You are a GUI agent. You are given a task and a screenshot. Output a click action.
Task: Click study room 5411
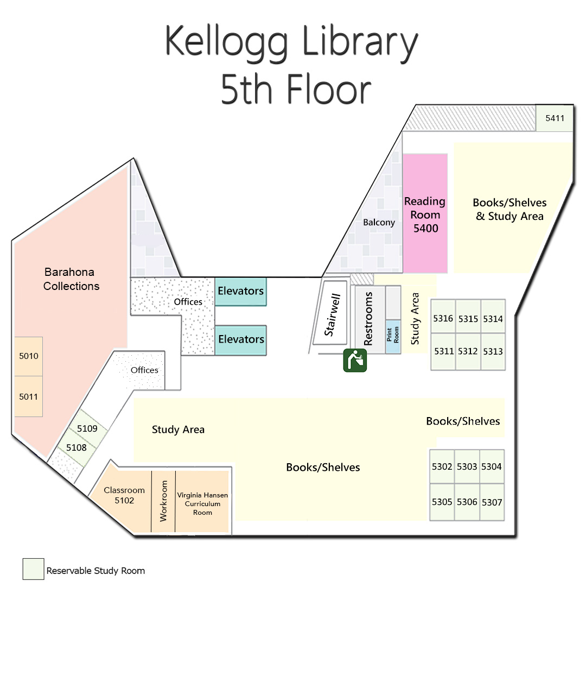tap(555, 118)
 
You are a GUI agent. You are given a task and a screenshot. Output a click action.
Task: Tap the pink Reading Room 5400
tap(425, 214)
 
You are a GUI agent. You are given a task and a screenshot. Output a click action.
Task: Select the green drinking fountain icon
tap(355, 360)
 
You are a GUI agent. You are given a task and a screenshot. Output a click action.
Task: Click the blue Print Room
tap(393, 336)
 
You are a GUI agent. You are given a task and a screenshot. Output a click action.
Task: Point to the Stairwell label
tap(332, 315)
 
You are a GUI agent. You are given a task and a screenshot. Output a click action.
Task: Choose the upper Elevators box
tap(240, 292)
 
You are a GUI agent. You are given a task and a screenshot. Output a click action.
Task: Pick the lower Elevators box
tap(240, 340)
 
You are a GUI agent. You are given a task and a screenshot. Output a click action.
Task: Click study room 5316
tap(443, 318)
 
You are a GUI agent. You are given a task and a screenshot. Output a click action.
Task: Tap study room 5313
tap(493, 352)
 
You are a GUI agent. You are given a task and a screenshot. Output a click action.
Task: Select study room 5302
tap(442, 466)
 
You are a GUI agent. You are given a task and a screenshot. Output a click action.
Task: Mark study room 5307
tap(492, 502)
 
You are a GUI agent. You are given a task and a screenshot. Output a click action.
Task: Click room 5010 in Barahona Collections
tap(29, 356)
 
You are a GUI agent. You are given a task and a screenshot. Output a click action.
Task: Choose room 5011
tap(29, 397)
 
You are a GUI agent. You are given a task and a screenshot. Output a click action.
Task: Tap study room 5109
tap(87, 429)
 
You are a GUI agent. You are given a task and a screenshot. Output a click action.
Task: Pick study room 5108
tap(77, 448)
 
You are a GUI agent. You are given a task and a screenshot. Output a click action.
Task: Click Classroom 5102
tap(124, 495)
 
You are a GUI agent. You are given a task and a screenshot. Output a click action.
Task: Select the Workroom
tap(163, 501)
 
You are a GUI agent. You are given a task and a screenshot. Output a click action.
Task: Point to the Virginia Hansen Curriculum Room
tap(202, 503)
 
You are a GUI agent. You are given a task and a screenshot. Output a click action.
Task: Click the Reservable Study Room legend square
tap(33, 569)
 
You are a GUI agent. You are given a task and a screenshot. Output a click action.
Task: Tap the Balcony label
tap(379, 223)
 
